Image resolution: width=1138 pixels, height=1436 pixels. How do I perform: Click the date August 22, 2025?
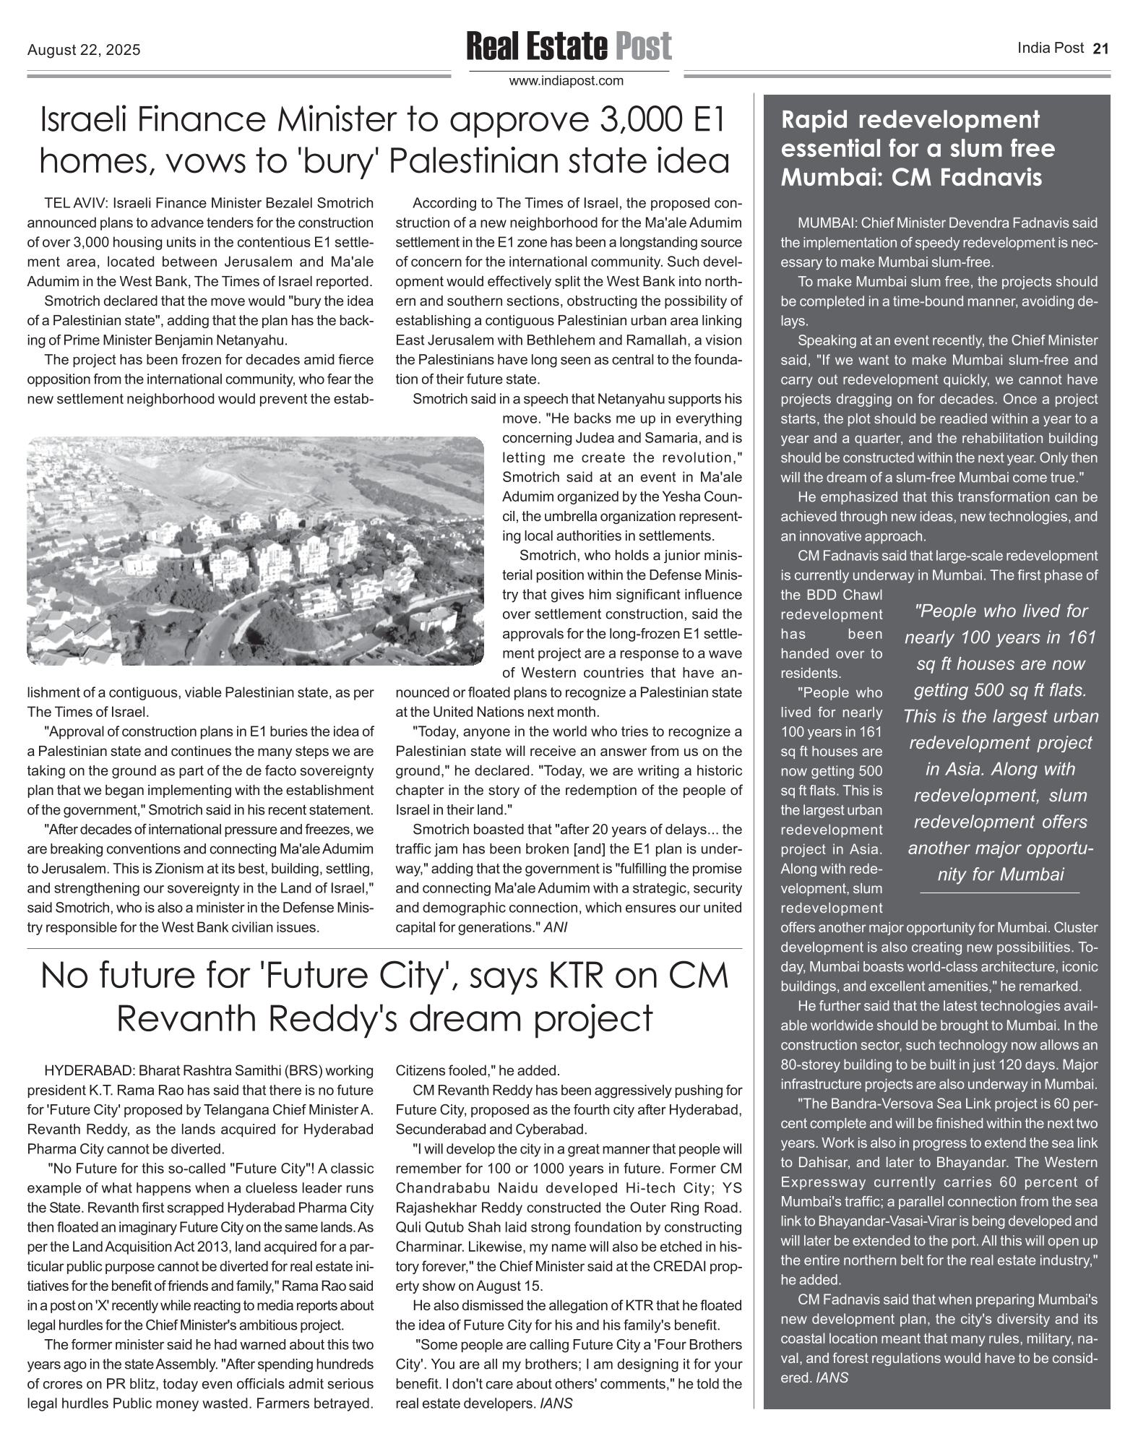pyautogui.click(x=84, y=50)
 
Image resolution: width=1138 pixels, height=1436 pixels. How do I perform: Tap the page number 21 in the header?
pyautogui.click(x=1100, y=49)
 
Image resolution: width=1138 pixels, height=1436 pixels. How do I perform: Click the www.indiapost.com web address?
pyautogui.click(x=566, y=81)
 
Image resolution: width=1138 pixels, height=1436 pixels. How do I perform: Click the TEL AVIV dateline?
pyautogui.click(x=76, y=203)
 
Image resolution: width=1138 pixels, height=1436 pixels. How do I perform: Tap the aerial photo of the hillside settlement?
pyautogui.click(x=255, y=550)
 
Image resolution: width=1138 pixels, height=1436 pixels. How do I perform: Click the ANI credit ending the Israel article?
pyautogui.click(x=555, y=927)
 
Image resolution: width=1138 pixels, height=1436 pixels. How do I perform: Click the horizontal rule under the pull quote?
pyautogui.click(x=999, y=894)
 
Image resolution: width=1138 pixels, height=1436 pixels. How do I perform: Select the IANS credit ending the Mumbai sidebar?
pyautogui.click(x=832, y=1377)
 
